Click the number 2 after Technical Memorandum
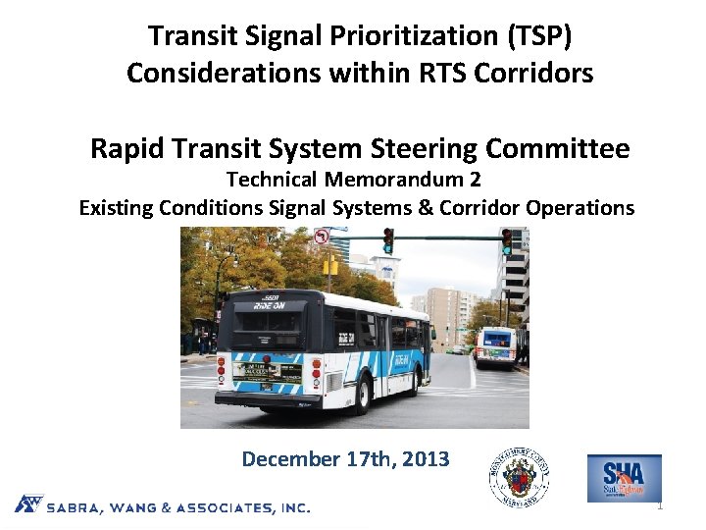pos(475,181)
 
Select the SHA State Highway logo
pos(624,478)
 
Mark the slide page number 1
pos(660,506)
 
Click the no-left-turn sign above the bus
pos(322,237)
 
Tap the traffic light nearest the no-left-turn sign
pos(387,239)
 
